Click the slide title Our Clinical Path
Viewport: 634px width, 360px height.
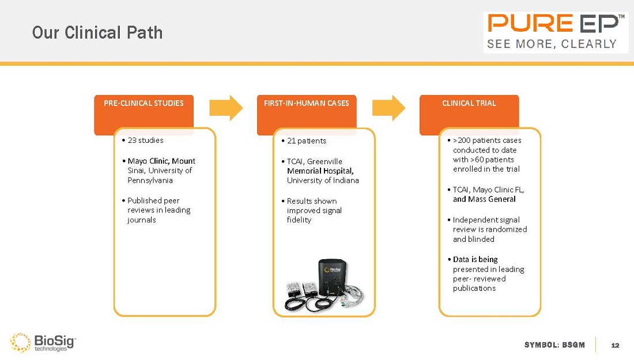97,33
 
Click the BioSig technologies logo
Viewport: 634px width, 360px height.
44,342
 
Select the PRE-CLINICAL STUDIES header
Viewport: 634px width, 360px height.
144,104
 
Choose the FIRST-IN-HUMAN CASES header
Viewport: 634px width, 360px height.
306,104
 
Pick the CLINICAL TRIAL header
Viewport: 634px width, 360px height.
469,104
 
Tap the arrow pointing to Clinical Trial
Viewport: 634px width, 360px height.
388,107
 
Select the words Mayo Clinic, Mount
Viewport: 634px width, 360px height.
161,161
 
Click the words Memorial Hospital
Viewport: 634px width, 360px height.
320,171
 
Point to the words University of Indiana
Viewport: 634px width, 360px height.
323,180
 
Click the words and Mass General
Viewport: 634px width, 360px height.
484,199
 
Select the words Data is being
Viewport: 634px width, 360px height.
476,260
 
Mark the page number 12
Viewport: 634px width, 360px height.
614,345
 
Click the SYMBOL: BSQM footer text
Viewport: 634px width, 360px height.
554,345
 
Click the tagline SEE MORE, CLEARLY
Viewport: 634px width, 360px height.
552,44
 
